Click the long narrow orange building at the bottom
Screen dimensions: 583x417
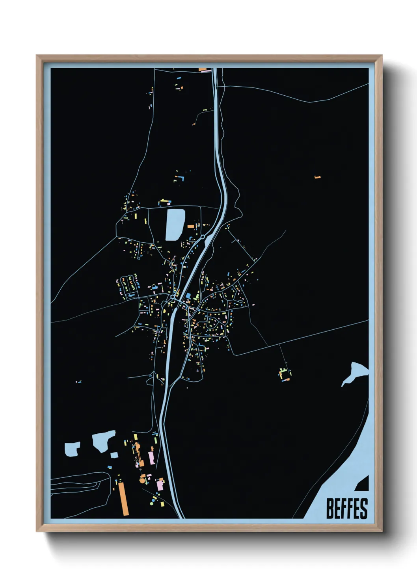click(x=124, y=499)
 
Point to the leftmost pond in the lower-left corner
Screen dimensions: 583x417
click(x=72, y=449)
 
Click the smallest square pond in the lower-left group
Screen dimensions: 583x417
click(x=114, y=455)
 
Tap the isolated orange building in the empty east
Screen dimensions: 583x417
click(x=318, y=177)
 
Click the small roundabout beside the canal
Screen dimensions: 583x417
click(x=202, y=237)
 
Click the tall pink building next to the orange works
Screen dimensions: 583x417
click(x=151, y=458)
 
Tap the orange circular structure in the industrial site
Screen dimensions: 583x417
click(x=142, y=480)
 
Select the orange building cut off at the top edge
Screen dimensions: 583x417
click(x=203, y=70)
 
